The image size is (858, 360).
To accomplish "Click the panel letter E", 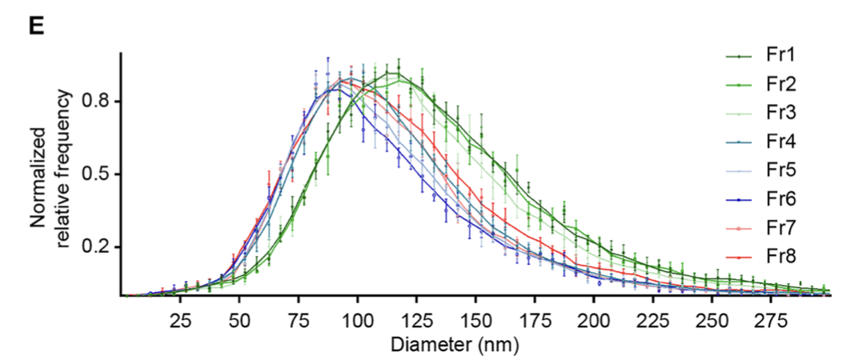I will point(35,26).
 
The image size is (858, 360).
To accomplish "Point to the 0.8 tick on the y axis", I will point(98,102).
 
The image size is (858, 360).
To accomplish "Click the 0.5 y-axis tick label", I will point(98,174).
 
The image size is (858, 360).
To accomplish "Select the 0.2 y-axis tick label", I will point(98,247).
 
